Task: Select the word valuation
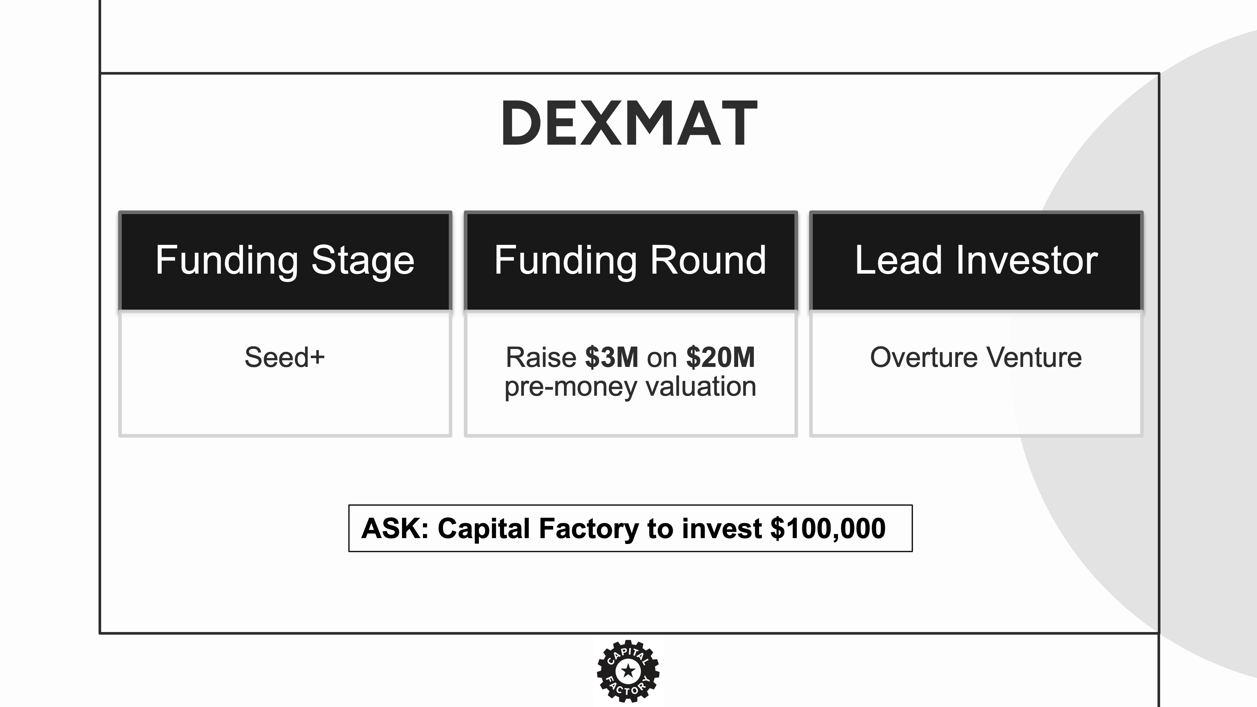click(x=701, y=387)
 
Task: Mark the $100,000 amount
click(x=828, y=528)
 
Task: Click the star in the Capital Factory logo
click(x=628, y=671)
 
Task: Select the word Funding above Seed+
click(x=227, y=261)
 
